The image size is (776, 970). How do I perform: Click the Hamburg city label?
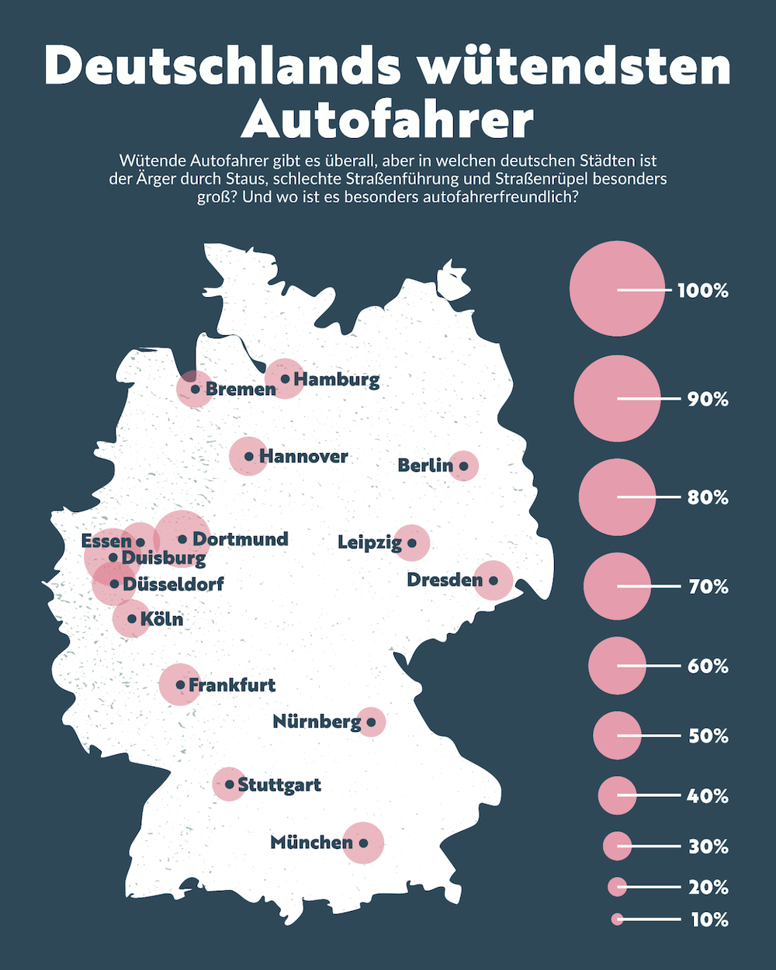click(337, 379)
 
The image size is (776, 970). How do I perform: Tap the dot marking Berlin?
click(463, 466)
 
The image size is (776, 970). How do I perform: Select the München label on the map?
click(311, 842)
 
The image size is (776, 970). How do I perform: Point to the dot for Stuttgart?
click(230, 785)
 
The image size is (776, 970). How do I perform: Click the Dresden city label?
click(445, 580)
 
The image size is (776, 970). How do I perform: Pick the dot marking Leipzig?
click(412, 542)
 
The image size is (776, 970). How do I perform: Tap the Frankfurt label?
click(232, 685)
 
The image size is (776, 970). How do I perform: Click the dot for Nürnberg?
click(371, 722)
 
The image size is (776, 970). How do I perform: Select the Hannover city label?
click(303, 456)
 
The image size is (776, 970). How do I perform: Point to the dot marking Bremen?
click(196, 390)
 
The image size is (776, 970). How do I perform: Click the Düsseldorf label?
click(173, 584)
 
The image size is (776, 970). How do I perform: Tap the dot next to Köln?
click(132, 619)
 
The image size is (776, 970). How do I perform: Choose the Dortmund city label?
click(240, 539)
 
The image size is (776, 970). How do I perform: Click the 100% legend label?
click(703, 291)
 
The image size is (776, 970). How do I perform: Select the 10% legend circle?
click(617, 920)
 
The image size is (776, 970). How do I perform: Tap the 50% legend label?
click(708, 736)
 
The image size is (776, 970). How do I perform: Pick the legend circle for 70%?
click(617, 587)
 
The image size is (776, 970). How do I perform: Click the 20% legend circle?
click(617, 886)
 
